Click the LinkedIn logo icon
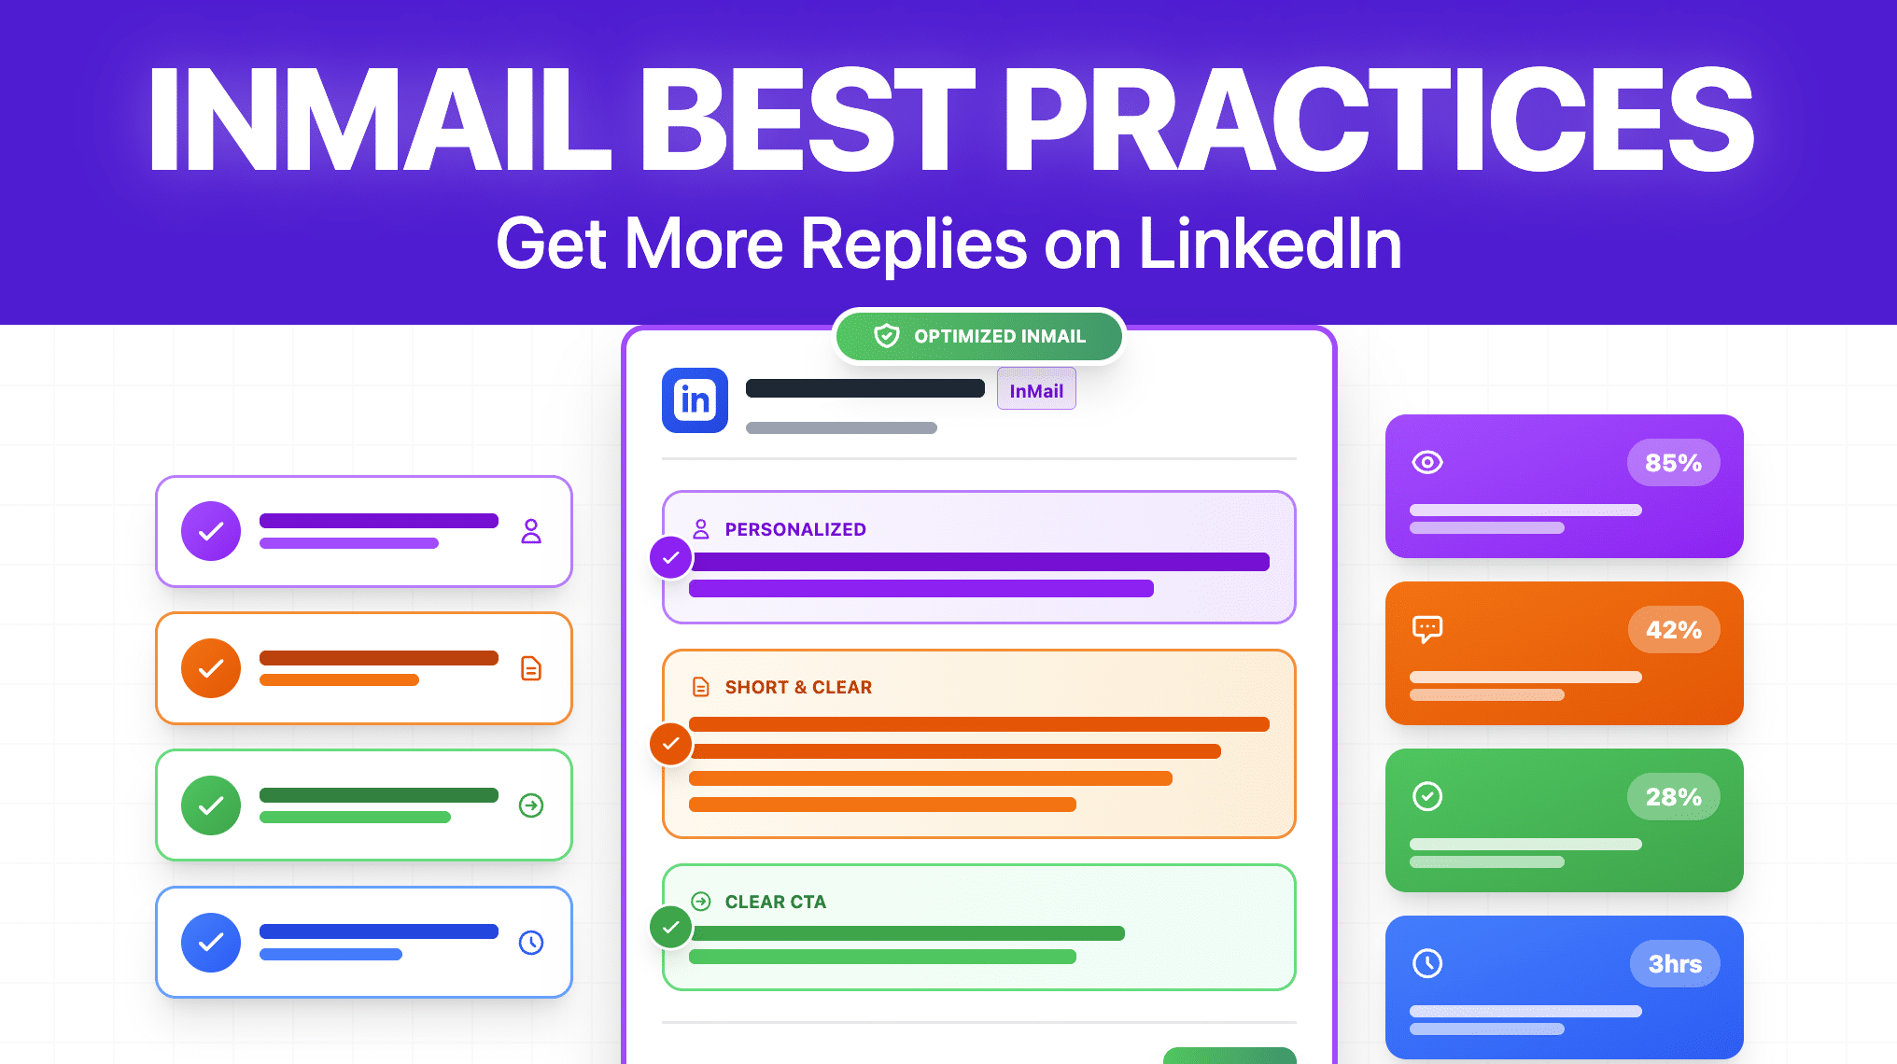tap(695, 400)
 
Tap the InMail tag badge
tap(1036, 389)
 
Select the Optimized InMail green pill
tap(979, 336)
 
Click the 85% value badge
tap(1673, 463)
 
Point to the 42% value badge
tap(1673, 630)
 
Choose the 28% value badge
tap(1673, 797)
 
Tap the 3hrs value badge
tap(1675, 964)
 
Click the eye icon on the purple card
tap(1427, 462)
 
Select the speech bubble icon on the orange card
tap(1427, 629)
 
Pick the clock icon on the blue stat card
tap(1427, 963)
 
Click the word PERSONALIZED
tap(795, 529)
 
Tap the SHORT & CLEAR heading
tap(798, 687)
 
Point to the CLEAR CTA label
tap(775, 902)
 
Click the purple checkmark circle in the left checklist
tap(211, 531)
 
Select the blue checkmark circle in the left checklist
tap(211, 943)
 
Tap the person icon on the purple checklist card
tap(531, 531)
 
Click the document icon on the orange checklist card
tap(531, 668)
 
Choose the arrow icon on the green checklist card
tap(531, 805)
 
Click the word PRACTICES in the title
tap(1378, 119)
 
